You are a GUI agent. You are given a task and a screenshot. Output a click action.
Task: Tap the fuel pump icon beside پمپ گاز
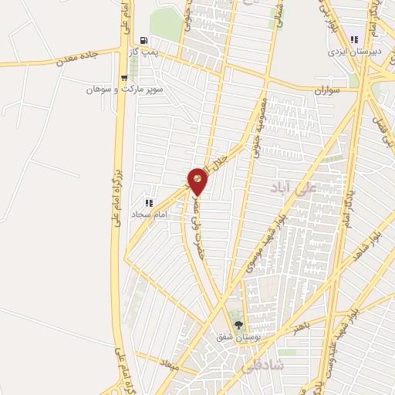144,40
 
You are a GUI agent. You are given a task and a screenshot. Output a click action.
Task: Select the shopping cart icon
124,78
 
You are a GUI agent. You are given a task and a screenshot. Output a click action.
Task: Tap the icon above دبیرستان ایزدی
356,39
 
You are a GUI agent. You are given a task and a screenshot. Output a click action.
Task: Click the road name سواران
327,90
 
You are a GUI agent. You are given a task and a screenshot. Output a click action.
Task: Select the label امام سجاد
147,213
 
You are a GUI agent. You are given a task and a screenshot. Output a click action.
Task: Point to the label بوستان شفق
231,337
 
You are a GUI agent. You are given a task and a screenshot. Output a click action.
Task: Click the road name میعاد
168,362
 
